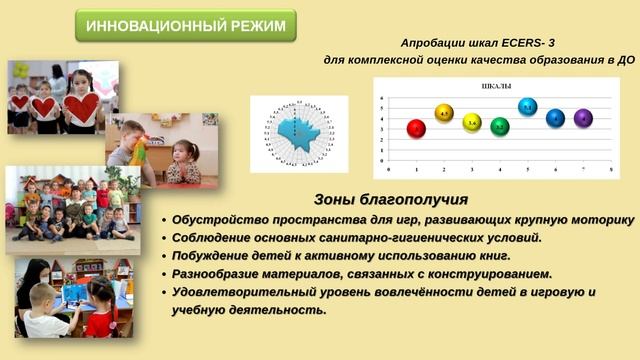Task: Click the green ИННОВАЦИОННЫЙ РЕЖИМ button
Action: pos(186,25)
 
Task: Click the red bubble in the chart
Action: pos(416,128)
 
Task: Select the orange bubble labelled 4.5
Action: pos(444,113)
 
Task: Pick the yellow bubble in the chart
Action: pos(472,123)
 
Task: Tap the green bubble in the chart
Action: pos(500,127)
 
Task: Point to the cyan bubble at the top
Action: pos(528,106)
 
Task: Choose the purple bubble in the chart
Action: pos(583,118)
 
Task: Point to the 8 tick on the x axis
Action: pos(611,171)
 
